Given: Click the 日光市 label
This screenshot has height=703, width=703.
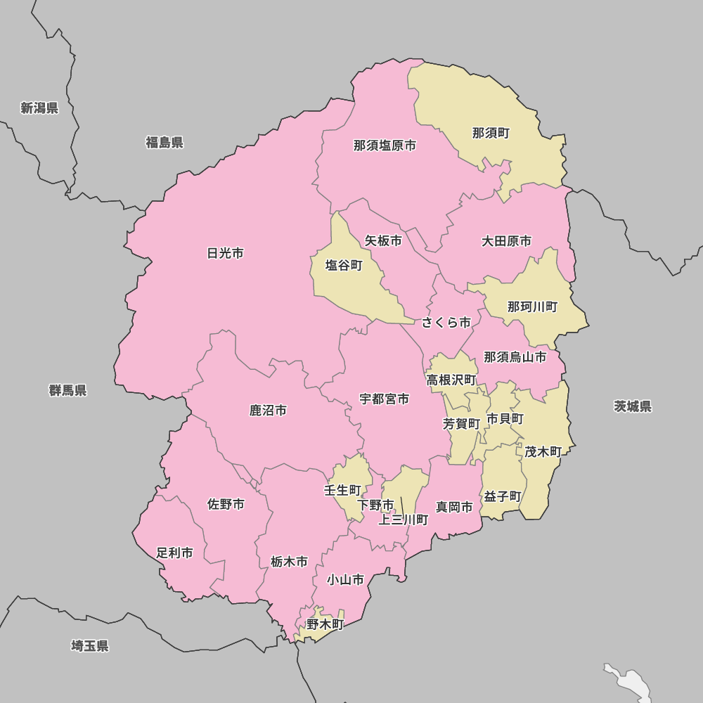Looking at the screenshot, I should tap(225, 253).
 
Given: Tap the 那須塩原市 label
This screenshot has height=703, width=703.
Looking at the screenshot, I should tap(385, 146).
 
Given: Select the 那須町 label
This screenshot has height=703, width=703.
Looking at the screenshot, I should tap(491, 133).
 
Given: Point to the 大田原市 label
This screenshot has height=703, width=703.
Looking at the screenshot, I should tap(506, 241).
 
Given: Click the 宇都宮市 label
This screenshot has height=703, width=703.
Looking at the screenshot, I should tap(384, 399).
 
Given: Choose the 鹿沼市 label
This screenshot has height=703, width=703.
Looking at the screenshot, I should tap(268, 410).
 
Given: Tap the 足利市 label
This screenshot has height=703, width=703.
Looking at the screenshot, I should tap(174, 553).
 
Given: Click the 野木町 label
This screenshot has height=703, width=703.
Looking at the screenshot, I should tap(325, 624).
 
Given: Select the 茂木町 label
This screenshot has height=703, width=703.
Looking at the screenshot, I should tap(543, 452).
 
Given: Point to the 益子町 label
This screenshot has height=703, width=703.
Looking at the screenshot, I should tap(503, 496).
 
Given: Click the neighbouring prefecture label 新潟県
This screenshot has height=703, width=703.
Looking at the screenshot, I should tap(39, 108).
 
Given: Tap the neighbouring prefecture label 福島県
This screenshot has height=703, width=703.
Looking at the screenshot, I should tap(165, 143).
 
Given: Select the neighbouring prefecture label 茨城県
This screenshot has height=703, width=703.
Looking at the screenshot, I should tap(633, 406).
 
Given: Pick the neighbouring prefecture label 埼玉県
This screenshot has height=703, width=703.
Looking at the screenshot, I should tap(90, 646).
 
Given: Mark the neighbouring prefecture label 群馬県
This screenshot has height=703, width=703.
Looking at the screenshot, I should tap(67, 390).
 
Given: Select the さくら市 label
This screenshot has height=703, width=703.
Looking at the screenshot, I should tap(446, 323).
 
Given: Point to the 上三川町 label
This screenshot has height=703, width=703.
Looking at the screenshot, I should tap(404, 520).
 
